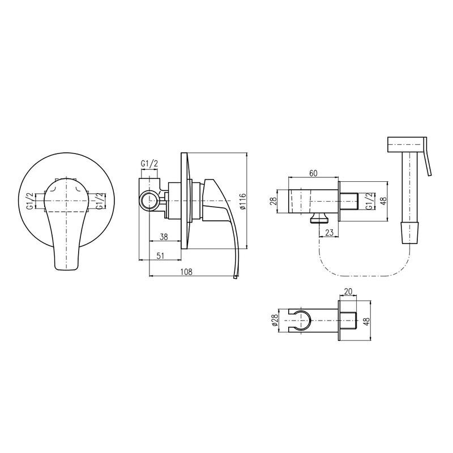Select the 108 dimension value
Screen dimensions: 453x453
(187, 272)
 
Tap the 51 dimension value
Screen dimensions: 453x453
(160, 256)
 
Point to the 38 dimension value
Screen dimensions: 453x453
(164, 237)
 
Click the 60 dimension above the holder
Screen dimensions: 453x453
(313, 173)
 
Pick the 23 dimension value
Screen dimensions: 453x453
(330, 232)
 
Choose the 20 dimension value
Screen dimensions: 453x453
(348, 292)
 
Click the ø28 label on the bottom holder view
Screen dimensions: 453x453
(275, 320)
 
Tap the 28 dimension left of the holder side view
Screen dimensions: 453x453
(273, 201)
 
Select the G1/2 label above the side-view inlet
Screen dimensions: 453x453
(149, 164)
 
